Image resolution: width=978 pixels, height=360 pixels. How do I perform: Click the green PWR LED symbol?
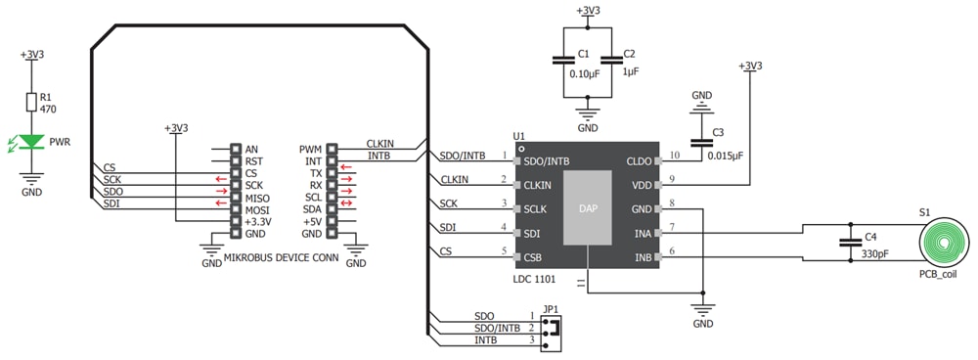[x=33, y=143]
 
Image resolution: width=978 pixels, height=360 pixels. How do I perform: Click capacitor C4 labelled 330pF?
[x=847, y=246]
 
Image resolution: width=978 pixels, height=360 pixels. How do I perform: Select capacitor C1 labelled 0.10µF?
[x=563, y=60]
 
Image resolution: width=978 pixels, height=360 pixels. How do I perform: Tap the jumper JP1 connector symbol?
[x=554, y=328]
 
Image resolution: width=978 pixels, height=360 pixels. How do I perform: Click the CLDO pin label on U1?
[x=640, y=160]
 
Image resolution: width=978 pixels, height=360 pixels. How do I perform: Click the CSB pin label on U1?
[x=534, y=257]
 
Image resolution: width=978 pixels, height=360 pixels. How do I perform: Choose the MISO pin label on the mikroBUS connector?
[x=256, y=198]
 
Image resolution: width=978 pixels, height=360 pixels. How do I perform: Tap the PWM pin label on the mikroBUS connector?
[x=310, y=150]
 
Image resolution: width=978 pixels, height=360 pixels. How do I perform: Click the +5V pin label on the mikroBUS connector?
[x=312, y=222]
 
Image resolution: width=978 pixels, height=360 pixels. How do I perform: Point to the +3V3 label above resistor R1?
[x=32, y=55]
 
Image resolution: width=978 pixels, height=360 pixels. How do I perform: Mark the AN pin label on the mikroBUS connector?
[x=252, y=150]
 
